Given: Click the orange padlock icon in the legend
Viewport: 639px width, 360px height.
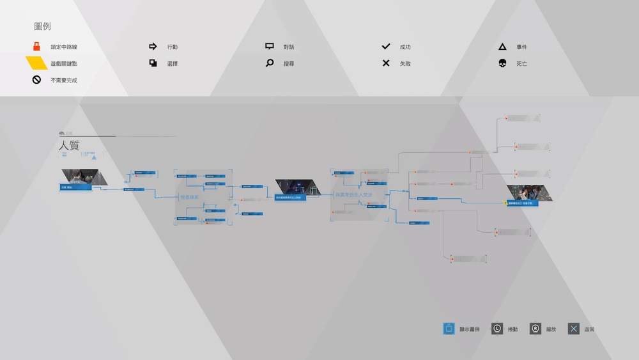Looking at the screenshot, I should tap(36, 47).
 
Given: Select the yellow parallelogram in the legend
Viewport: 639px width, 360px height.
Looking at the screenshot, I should tap(36, 63).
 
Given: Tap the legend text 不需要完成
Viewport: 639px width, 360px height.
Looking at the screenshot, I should tap(64, 81).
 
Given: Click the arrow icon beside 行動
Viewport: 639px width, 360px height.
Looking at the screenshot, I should tap(153, 47).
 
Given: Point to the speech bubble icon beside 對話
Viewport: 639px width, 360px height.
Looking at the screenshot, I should tap(270, 47).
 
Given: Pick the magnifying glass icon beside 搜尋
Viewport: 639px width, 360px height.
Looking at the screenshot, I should tap(270, 63).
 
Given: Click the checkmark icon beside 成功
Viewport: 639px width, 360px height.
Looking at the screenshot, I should tap(386, 47).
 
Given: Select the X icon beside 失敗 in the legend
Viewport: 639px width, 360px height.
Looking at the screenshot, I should tap(386, 63).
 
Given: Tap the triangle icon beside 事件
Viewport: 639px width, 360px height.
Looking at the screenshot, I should tap(502, 47).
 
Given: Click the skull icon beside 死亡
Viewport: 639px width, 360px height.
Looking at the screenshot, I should tap(502, 63).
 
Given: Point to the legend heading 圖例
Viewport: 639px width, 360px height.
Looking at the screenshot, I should tap(43, 27).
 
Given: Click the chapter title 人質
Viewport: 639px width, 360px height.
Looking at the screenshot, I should tap(69, 146).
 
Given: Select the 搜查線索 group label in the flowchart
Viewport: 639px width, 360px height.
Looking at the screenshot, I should tap(190, 197).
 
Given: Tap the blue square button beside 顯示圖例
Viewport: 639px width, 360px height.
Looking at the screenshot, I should tap(449, 329).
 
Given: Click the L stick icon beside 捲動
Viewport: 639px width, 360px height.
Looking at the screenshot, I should tap(497, 329).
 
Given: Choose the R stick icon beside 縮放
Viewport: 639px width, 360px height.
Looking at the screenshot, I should tap(535, 329).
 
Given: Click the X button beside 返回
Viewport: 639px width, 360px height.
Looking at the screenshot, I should tap(574, 329).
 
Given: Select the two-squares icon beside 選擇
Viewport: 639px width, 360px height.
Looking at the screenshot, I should tap(153, 63).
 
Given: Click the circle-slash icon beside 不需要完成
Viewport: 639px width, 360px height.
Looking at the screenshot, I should tap(36, 80).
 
